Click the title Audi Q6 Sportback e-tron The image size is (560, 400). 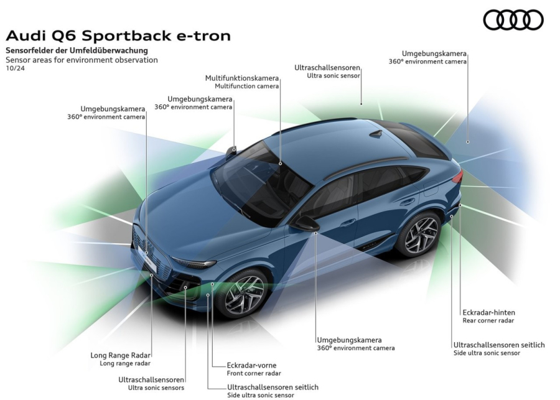pos(118,36)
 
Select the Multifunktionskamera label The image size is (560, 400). pos(242,78)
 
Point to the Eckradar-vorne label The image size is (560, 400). pos(251,365)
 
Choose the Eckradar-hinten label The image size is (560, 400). pos(488,312)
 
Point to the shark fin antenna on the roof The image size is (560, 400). pos(376,133)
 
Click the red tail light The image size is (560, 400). pos(457,177)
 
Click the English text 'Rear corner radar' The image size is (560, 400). pos(488,321)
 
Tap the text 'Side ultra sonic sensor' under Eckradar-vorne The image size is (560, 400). pos(260,395)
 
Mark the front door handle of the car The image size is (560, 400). pos(348,222)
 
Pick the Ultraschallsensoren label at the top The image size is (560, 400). pos(328,67)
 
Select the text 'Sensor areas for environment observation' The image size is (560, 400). pos(82,60)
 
